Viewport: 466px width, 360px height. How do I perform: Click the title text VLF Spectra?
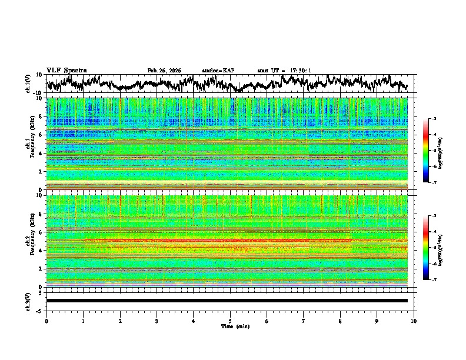(x=66, y=70)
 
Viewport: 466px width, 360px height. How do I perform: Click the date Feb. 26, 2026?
(x=164, y=71)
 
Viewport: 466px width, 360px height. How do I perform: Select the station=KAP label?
(x=218, y=71)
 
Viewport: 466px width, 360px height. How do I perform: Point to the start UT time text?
(x=284, y=71)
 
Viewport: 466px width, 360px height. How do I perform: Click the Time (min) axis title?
(x=230, y=326)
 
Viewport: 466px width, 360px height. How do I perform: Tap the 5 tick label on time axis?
(x=230, y=321)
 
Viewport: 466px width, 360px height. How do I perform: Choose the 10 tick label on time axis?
(x=414, y=321)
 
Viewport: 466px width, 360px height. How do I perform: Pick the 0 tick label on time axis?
(x=46, y=321)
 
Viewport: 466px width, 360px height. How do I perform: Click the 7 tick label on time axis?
(x=304, y=321)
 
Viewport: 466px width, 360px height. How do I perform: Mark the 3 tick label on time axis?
(x=157, y=321)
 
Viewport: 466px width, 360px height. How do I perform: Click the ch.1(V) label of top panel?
(x=28, y=84)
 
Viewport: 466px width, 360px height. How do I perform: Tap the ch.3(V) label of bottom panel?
(x=28, y=301)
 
